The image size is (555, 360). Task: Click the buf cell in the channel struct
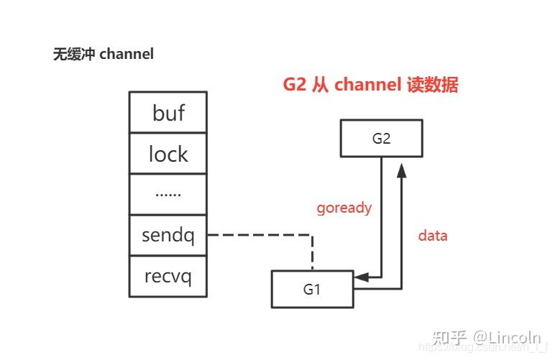pyautogui.click(x=168, y=113)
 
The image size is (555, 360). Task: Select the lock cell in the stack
pyautogui.click(x=168, y=154)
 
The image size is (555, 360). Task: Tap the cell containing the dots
pyautogui.click(x=168, y=194)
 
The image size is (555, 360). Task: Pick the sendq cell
pyautogui.click(x=168, y=235)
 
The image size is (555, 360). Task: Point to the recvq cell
pyautogui.click(x=168, y=276)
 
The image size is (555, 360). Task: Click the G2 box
pyautogui.click(x=381, y=139)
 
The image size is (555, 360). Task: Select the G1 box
pyautogui.click(x=312, y=290)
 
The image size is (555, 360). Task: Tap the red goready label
pyautogui.click(x=344, y=208)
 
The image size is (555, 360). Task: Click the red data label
pyautogui.click(x=433, y=235)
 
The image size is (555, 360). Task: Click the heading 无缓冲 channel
pyautogui.click(x=104, y=54)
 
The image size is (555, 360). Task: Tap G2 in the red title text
pyautogui.click(x=294, y=85)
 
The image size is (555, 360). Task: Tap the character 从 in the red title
pyautogui.click(x=319, y=85)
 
